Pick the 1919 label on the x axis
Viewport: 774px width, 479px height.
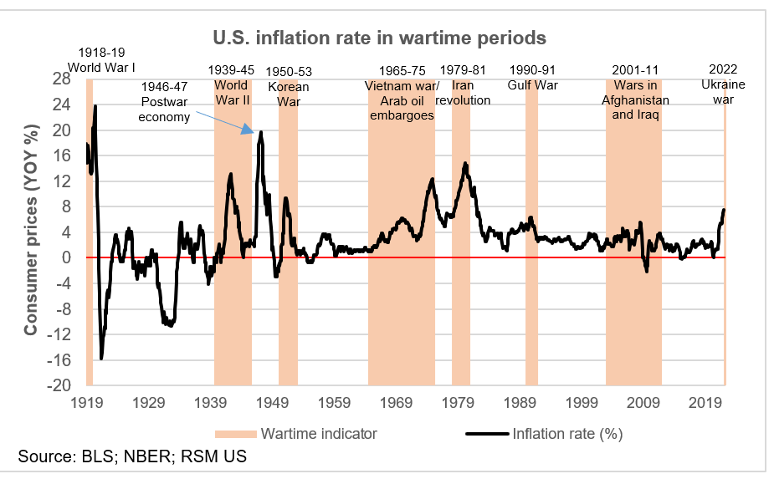[87, 403]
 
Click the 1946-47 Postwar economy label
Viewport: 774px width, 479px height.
[166, 101]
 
